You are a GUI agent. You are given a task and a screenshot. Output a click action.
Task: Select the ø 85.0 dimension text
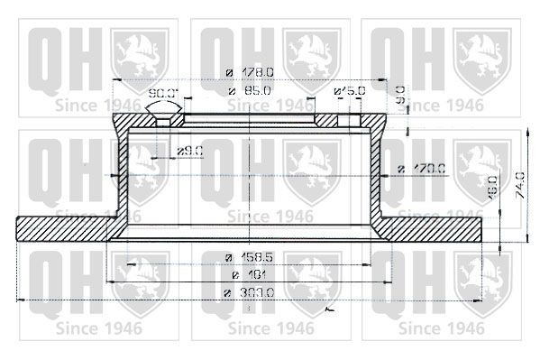243,91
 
